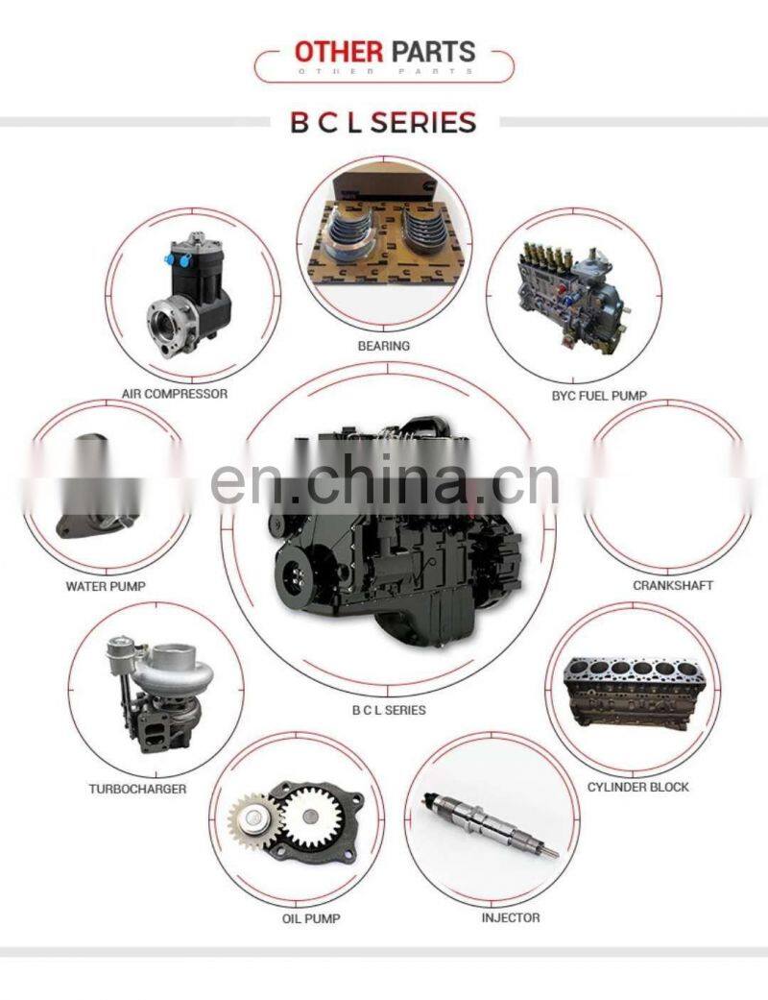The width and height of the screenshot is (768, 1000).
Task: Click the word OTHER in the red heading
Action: tap(339, 51)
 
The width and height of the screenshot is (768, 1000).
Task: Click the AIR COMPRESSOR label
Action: tap(175, 394)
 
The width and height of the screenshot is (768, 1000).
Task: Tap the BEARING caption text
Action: tap(384, 346)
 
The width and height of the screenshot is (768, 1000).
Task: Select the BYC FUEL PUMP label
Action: tap(598, 396)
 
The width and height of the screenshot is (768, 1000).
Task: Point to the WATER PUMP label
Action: tap(106, 585)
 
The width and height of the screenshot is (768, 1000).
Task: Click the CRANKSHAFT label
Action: tap(673, 585)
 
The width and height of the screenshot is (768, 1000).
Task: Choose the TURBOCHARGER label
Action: tap(137, 789)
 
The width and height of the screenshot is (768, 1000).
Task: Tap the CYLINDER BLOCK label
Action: tap(638, 787)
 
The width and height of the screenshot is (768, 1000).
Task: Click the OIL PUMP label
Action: tap(311, 918)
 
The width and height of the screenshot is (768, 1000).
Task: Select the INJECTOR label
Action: tap(511, 917)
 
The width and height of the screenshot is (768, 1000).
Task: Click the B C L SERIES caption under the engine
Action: tap(389, 710)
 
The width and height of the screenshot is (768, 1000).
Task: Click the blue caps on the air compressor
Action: tap(178, 259)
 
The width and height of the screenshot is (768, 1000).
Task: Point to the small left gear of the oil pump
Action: tap(253, 821)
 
